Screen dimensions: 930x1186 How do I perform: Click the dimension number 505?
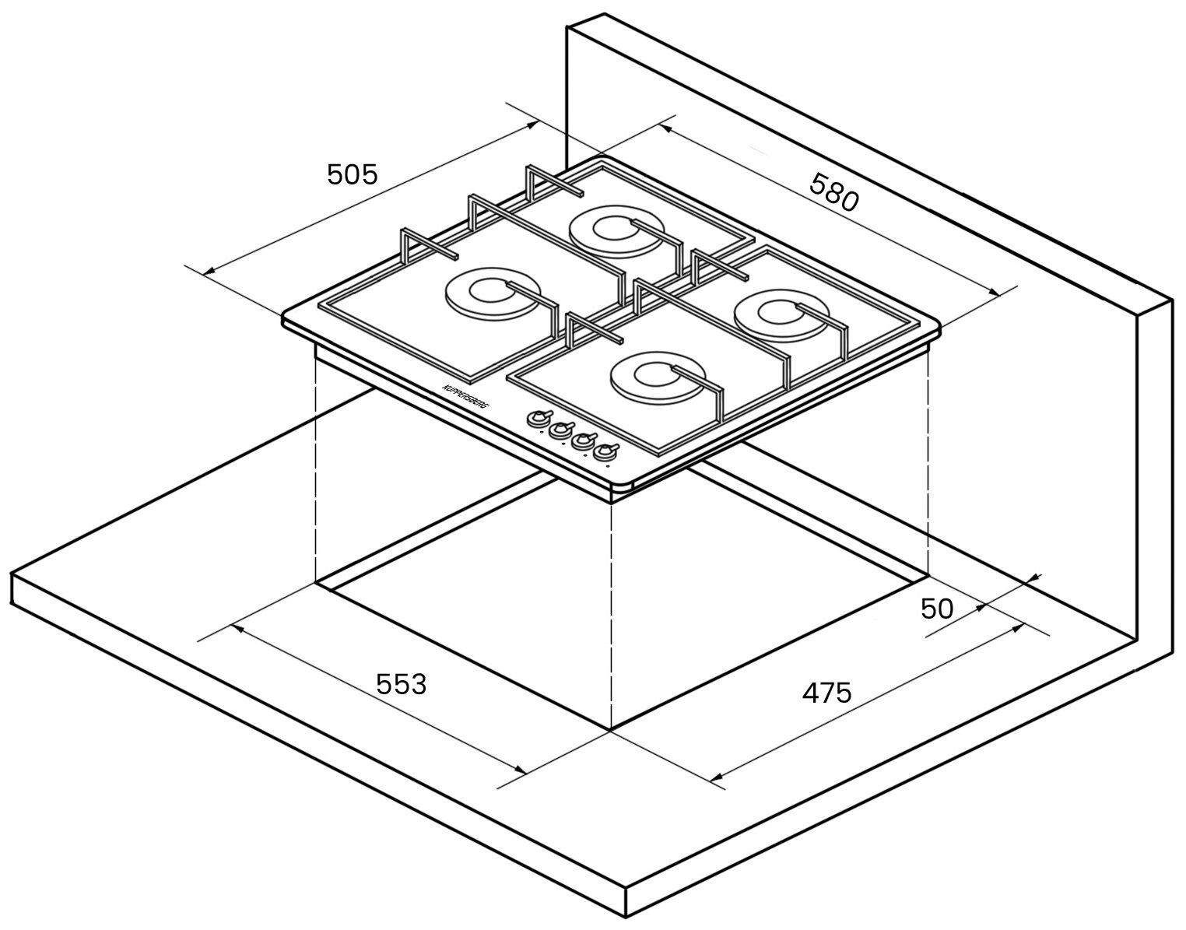(x=352, y=174)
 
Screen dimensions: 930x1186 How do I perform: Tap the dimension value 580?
(x=833, y=192)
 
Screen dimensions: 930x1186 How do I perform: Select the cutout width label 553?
(x=402, y=684)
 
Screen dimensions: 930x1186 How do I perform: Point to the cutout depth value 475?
(x=827, y=692)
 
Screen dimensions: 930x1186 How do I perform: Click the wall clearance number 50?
(x=936, y=609)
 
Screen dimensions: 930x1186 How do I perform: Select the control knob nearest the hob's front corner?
(x=605, y=451)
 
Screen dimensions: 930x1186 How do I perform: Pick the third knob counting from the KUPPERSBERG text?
(x=582, y=440)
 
